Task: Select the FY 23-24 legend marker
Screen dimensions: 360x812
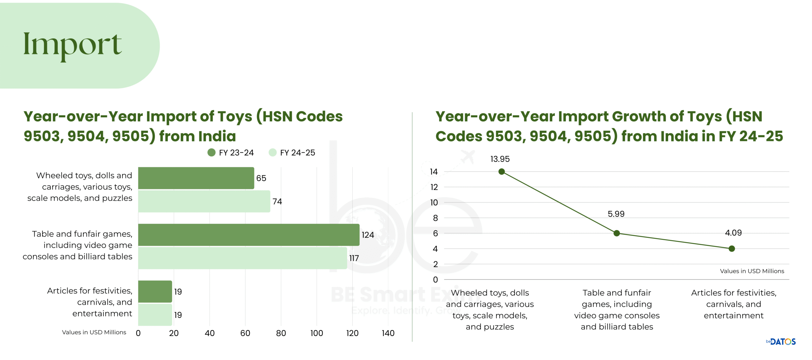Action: [211, 153]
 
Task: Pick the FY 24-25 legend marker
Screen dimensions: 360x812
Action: [272, 153]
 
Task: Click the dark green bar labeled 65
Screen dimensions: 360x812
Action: [196, 178]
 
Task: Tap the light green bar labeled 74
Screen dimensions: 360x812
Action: [204, 201]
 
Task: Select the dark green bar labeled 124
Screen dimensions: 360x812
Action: [249, 235]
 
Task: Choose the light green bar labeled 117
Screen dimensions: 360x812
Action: [242, 258]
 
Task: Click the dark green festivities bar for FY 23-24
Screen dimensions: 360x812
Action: [155, 291]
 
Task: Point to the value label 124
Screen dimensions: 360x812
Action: [368, 235]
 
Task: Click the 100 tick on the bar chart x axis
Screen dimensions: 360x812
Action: [317, 333]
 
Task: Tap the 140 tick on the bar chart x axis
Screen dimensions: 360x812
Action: [388, 333]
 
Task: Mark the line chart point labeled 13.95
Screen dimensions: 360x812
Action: [501, 172]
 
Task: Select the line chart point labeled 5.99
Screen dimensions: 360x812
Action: [617, 233]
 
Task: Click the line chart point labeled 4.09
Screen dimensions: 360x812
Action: [732, 249]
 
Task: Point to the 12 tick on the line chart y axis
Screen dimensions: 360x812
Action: [434, 187]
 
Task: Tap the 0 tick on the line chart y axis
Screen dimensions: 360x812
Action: [435, 280]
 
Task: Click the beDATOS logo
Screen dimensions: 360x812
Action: [781, 342]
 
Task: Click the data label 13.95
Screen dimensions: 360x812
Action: [500, 159]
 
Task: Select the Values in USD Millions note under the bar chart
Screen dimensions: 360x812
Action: [94, 332]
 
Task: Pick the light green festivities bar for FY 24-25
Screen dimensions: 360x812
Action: [155, 315]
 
